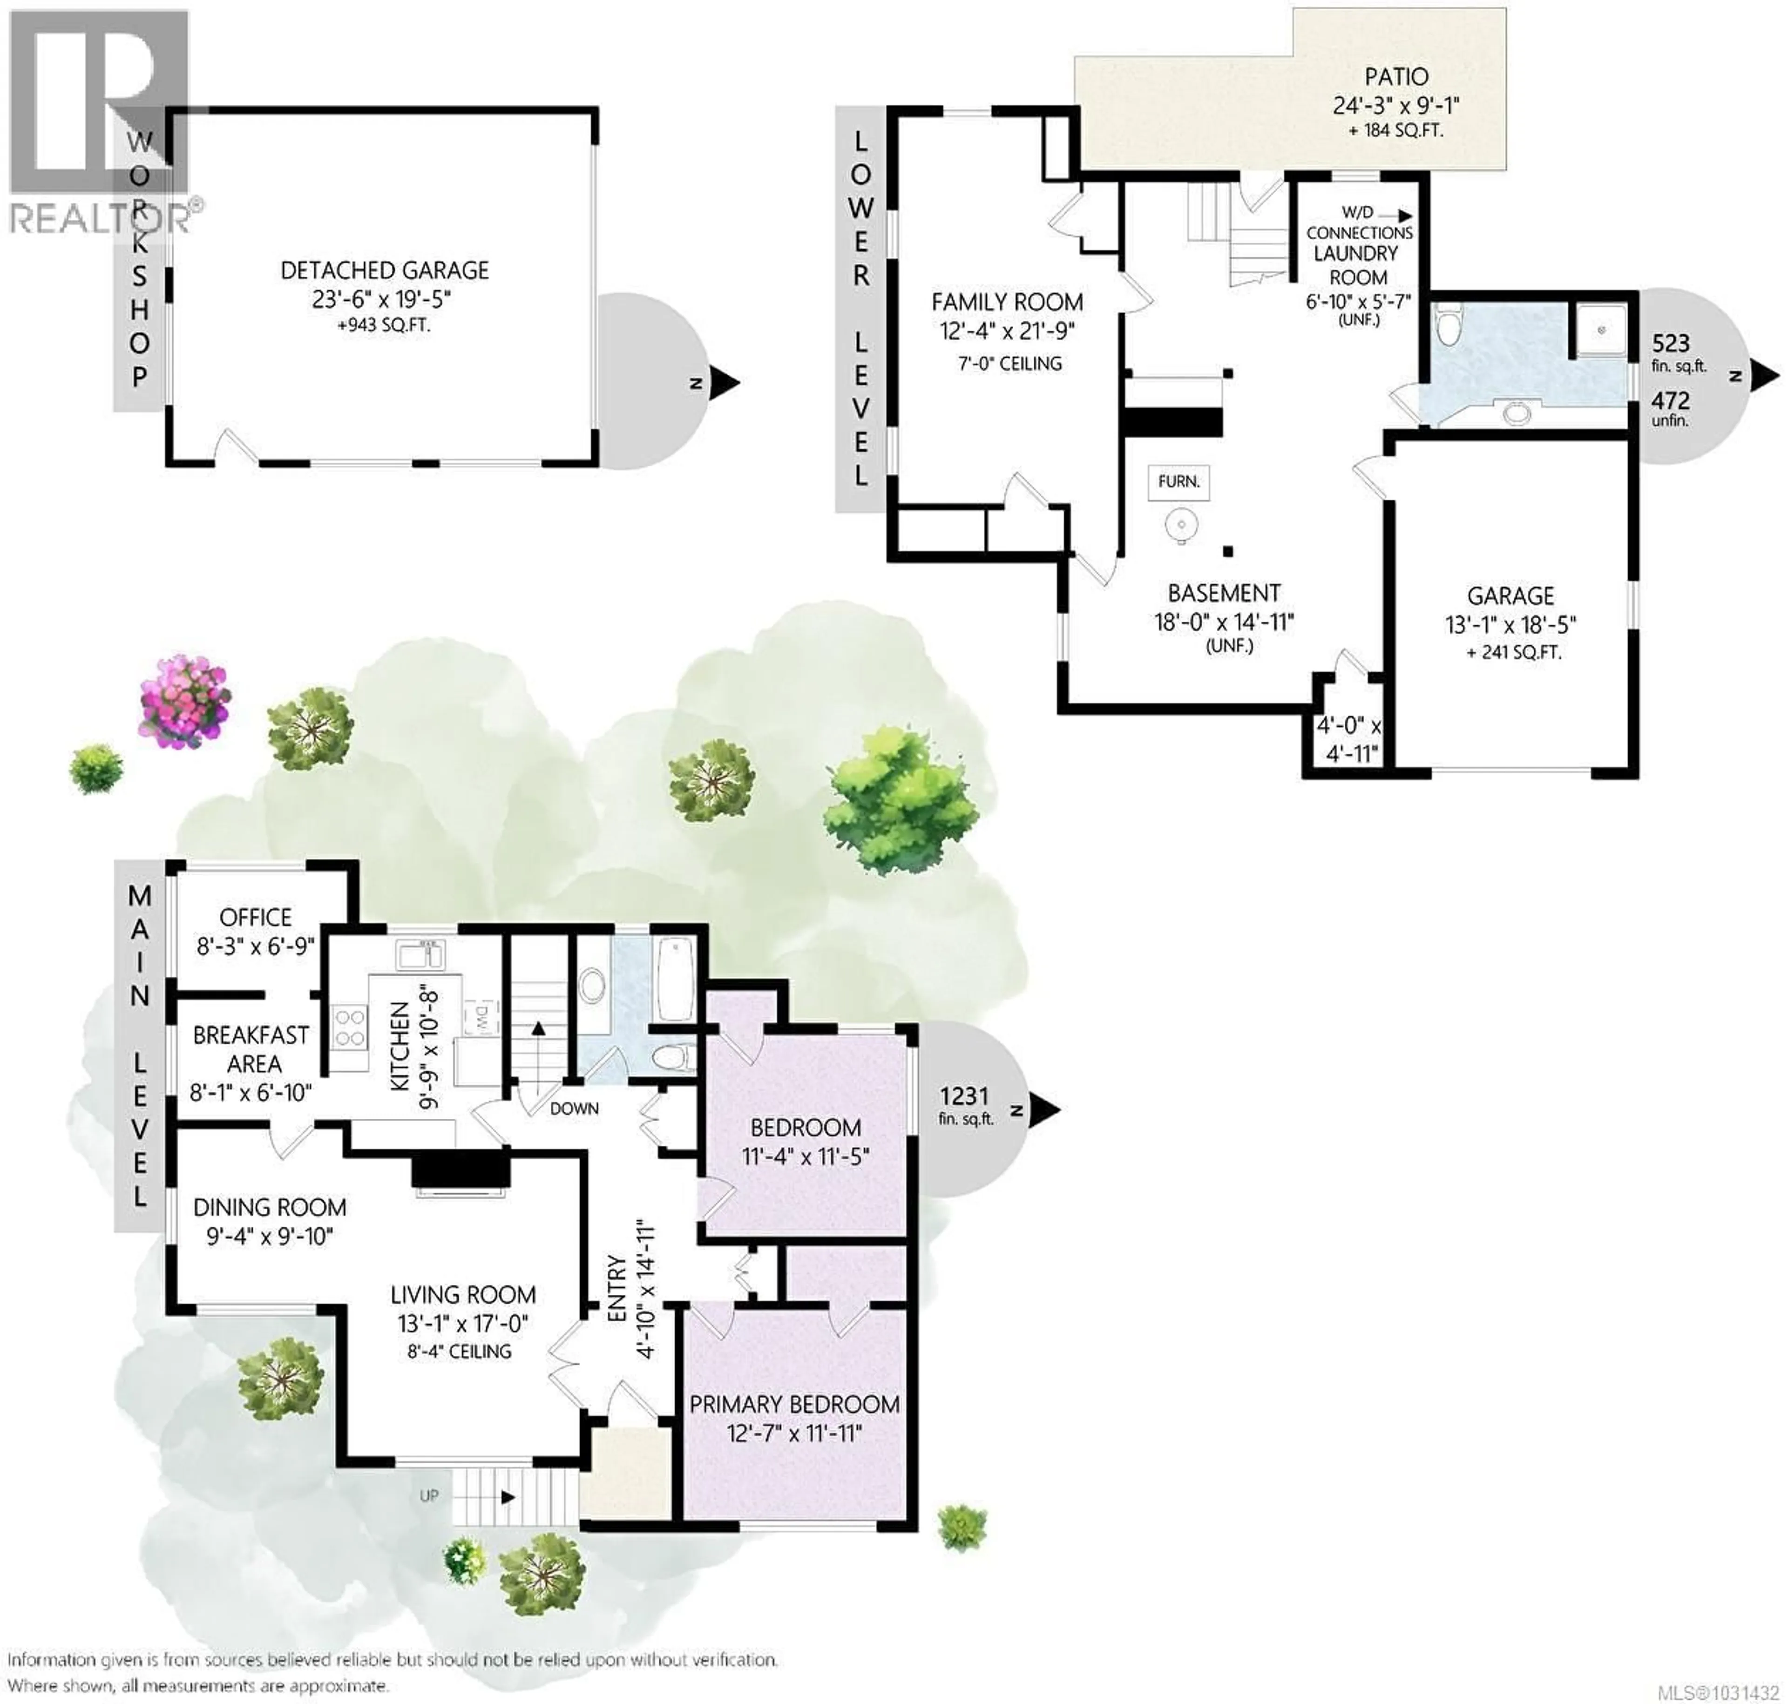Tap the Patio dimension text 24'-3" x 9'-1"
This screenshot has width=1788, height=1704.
coord(1395,105)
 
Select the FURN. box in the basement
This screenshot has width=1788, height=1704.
coord(1178,481)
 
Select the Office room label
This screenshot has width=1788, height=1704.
coord(255,917)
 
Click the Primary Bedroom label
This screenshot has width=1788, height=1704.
coord(794,1404)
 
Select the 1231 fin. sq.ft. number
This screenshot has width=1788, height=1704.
coord(964,1096)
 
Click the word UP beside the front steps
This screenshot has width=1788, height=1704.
coord(429,1495)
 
